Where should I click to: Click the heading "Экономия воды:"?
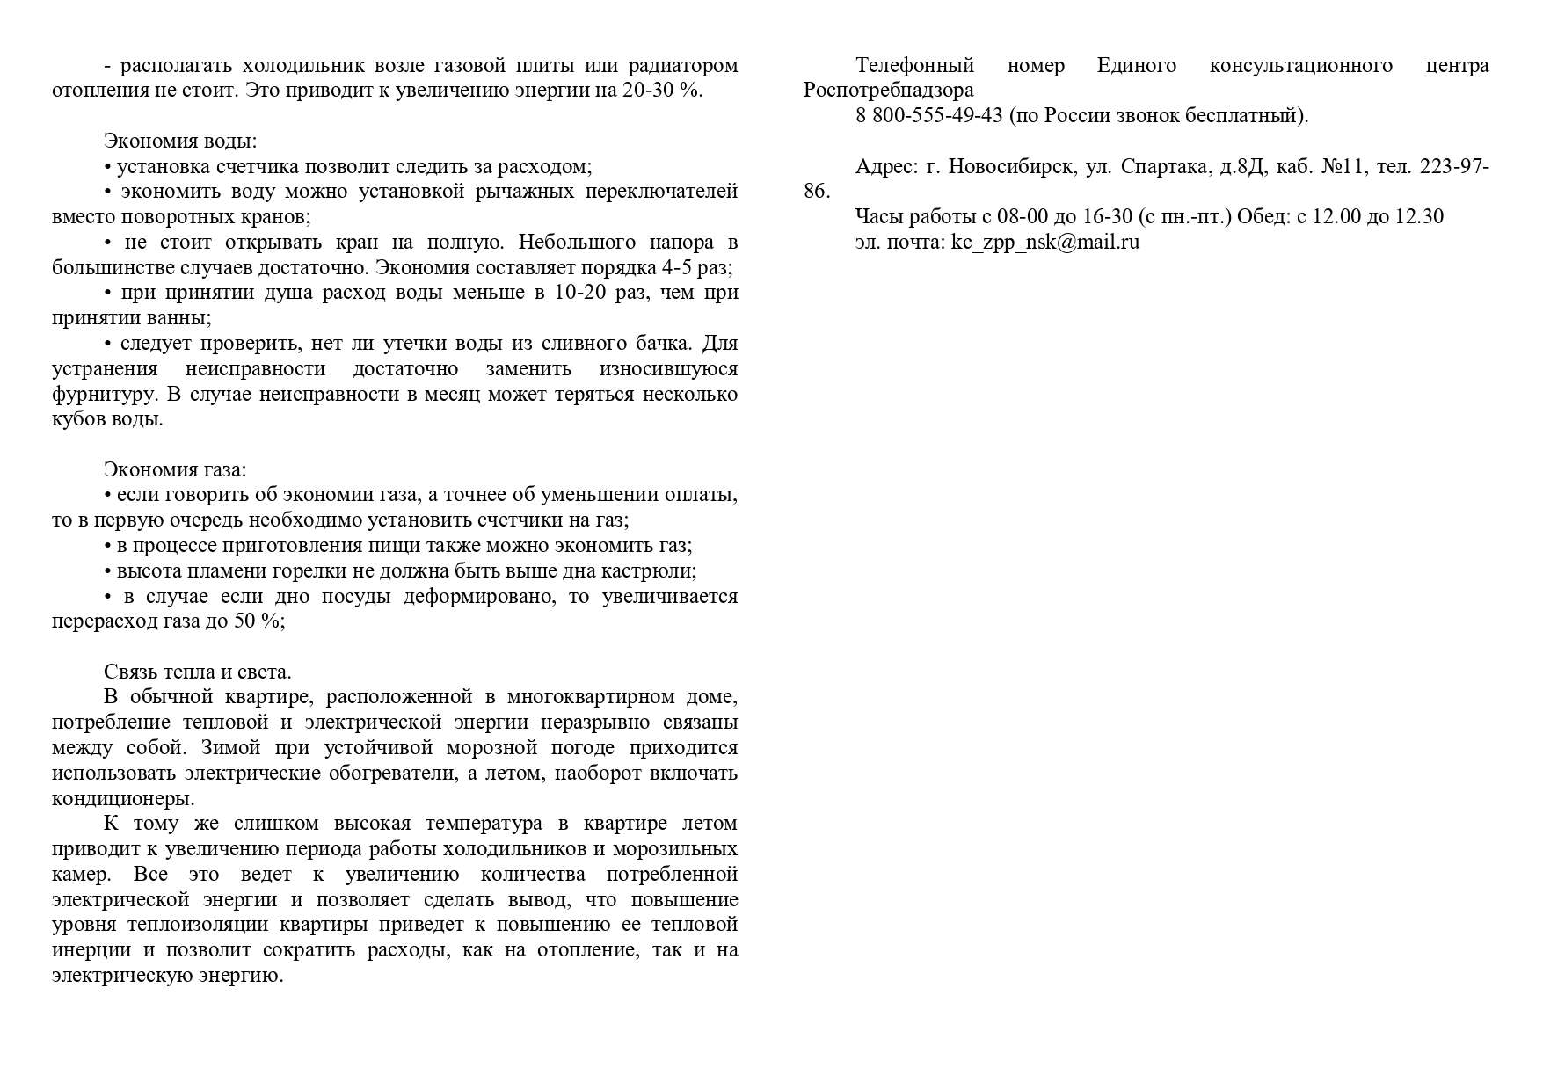point(180,142)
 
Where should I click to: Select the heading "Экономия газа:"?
point(175,470)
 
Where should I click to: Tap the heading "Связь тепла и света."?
point(197,672)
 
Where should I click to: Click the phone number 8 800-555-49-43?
point(928,116)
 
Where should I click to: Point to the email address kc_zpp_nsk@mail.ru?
point(1044,243)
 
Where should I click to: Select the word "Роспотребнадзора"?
point(888,91)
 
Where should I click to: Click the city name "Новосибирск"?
point(1011,167)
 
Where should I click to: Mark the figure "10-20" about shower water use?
point(580,293)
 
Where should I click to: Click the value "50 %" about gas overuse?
point(257,621)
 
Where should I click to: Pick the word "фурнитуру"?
point(104,395)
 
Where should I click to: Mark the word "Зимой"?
point(230,748)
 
